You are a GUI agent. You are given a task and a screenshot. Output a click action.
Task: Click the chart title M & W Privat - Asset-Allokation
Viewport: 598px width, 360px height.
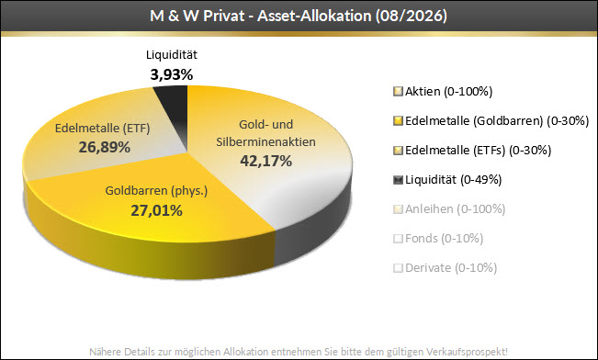261,16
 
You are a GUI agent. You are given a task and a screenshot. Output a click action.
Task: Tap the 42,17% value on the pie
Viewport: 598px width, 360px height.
265,161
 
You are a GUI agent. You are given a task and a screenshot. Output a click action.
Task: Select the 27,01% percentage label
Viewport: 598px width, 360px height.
156,210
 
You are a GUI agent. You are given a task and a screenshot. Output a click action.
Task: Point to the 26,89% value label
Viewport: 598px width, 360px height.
104,147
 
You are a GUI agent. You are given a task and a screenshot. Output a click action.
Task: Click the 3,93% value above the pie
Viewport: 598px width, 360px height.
172,74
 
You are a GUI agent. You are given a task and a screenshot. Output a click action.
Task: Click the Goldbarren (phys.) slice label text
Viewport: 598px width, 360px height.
156,191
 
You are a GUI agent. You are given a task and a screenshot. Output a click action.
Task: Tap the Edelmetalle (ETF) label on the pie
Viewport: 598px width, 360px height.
103,129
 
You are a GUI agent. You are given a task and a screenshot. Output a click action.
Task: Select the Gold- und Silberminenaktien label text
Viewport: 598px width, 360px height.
265,133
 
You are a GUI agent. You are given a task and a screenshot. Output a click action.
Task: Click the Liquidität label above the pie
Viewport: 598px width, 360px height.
172,54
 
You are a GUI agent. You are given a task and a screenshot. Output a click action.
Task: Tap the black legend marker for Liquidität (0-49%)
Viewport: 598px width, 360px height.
398,180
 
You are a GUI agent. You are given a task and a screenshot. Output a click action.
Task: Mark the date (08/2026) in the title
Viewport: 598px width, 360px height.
412,16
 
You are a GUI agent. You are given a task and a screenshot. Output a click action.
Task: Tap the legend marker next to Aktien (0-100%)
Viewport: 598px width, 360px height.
398,92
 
